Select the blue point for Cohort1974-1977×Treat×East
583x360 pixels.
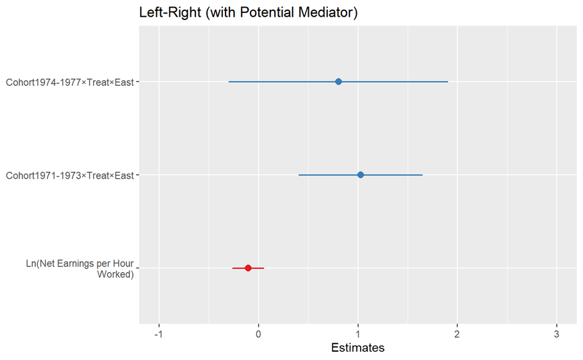(338, 81)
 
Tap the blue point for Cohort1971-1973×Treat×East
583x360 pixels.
(360, 175)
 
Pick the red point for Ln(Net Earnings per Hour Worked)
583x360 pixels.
(248, 268)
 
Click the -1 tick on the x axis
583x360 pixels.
(159, 334)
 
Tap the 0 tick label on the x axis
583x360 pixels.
(258, 334)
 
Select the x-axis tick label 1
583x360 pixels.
(358, 334)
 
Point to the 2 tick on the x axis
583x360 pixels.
(457, 334)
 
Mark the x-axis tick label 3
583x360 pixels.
(557, 334)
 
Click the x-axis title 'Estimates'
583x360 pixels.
(357, 348)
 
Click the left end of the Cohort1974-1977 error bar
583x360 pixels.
(229, 81)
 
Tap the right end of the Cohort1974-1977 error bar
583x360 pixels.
(448, 81)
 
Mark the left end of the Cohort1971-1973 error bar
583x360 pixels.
(299, 175)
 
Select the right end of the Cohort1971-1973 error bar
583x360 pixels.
(422, 175)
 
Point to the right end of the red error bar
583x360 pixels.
(263, 268)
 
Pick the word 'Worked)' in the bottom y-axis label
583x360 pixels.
(115, 275)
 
